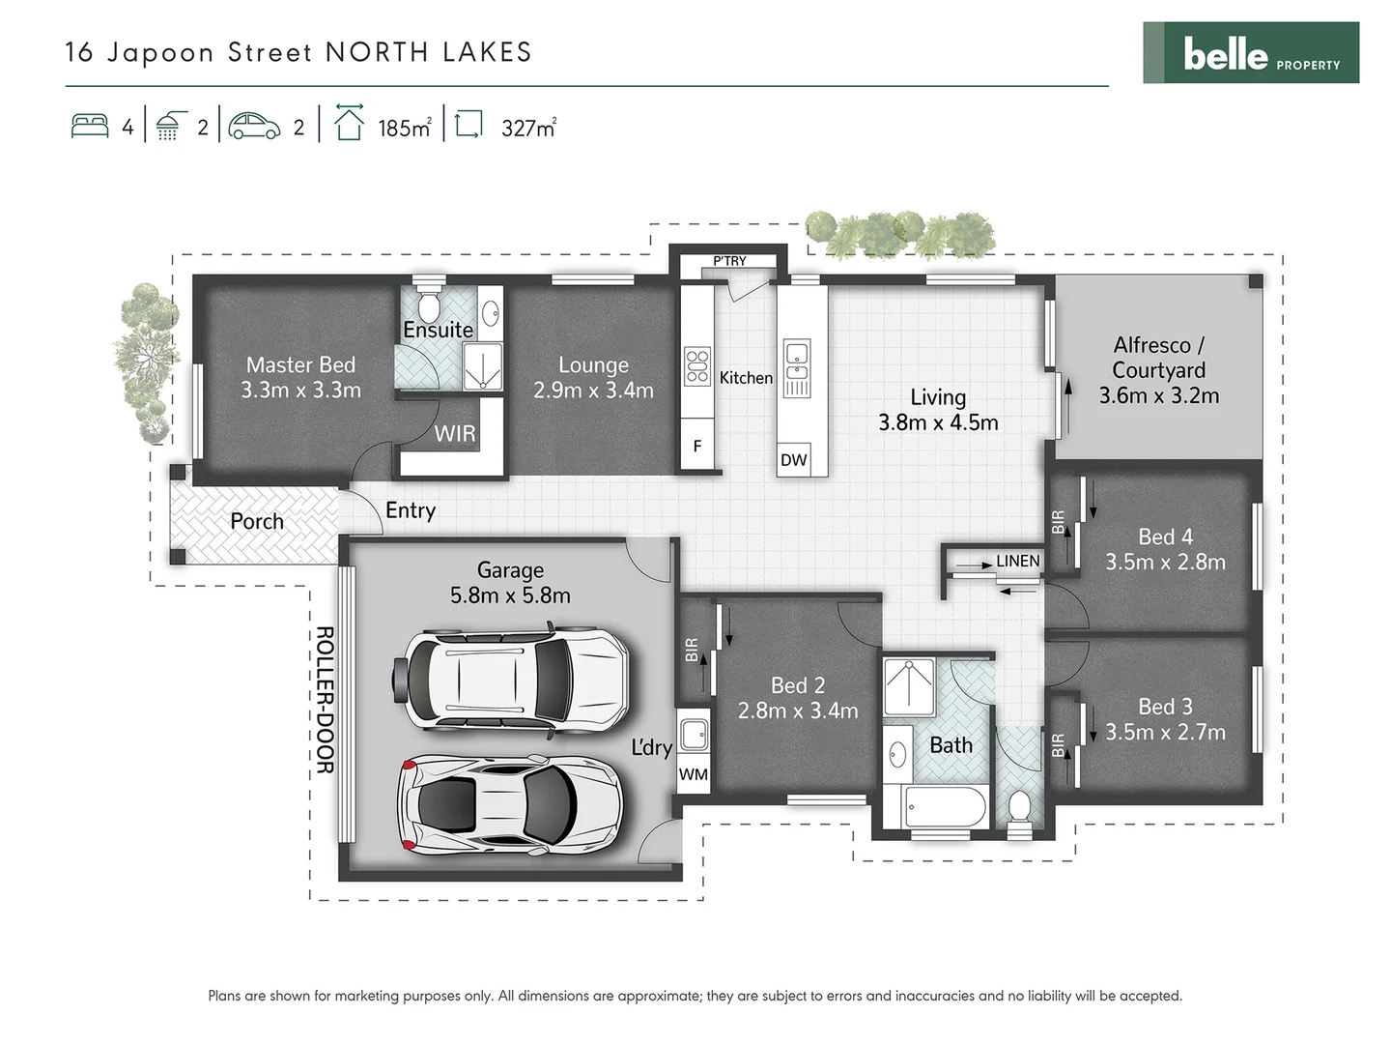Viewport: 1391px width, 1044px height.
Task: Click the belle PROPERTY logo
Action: coord(1251,53)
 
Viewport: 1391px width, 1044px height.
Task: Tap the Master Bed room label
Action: coord(300,365)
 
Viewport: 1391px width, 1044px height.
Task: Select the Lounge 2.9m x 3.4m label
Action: coord(593,378)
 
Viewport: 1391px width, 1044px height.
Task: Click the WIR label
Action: coord(454,433)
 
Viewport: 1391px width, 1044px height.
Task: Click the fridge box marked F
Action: coord(697,447)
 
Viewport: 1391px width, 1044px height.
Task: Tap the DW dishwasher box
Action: coord(793,460)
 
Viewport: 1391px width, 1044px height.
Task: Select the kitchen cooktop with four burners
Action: coord(697,366)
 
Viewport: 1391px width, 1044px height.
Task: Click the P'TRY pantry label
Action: coord(729,261)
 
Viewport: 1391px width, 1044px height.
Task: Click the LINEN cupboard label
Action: coord(1017,562)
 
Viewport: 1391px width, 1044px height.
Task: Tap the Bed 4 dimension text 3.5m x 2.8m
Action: coord(1165,563)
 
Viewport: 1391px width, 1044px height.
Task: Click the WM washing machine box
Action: coord(694,774)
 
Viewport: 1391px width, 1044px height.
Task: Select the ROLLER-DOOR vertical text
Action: coord(325,700)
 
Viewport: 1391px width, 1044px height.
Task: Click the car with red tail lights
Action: coord(509,802)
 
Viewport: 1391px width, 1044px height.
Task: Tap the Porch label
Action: coord(257,522)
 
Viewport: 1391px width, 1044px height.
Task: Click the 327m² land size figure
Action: coord(528,129)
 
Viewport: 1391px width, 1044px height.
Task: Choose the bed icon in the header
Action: coord(90,127)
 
